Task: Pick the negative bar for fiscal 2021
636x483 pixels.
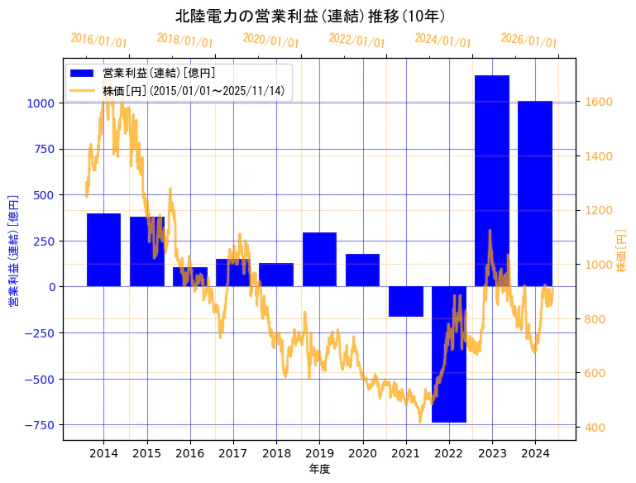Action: (x=405, y=301)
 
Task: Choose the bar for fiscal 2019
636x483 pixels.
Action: (x=319, y=260)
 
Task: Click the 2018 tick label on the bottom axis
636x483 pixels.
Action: (x=276, y=453)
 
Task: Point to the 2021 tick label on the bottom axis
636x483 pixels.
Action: (x=405, y=453)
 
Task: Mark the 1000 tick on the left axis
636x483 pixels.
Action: (x=41, y=103)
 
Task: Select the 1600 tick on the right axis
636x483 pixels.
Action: (x=598, y=102)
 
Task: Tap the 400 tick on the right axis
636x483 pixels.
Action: (x=595, y=428)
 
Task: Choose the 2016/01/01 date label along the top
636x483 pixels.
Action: (x=98, y=40)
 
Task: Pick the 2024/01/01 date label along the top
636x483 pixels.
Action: (x=442, y=41)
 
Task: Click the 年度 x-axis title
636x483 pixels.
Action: (x=319, y=469)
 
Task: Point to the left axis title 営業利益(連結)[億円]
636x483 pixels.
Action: (x=13, y=251)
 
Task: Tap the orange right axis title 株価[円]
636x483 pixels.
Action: (x=622, y=251)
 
